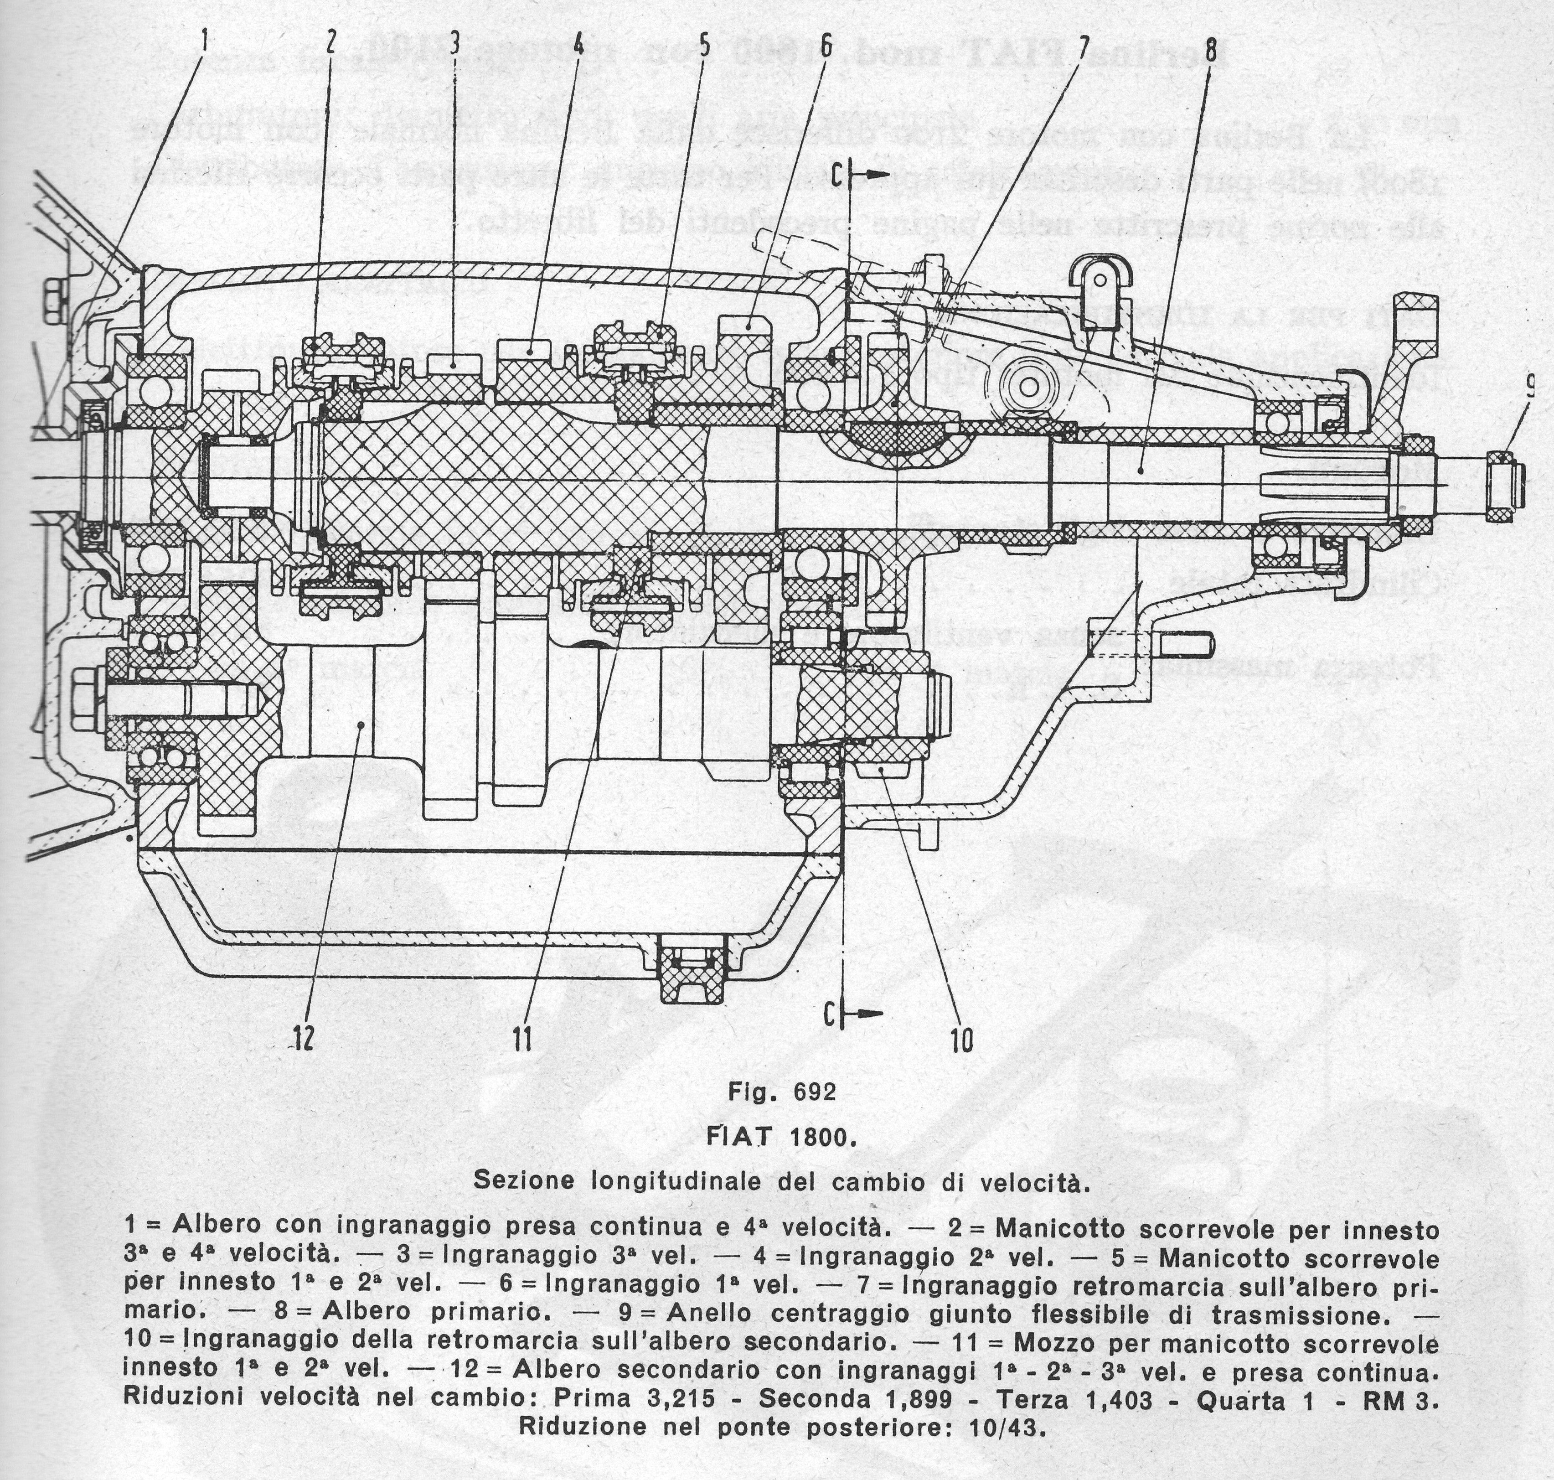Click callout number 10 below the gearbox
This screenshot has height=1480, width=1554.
(961, 1040)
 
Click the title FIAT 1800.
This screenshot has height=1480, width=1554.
(780, 1138)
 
